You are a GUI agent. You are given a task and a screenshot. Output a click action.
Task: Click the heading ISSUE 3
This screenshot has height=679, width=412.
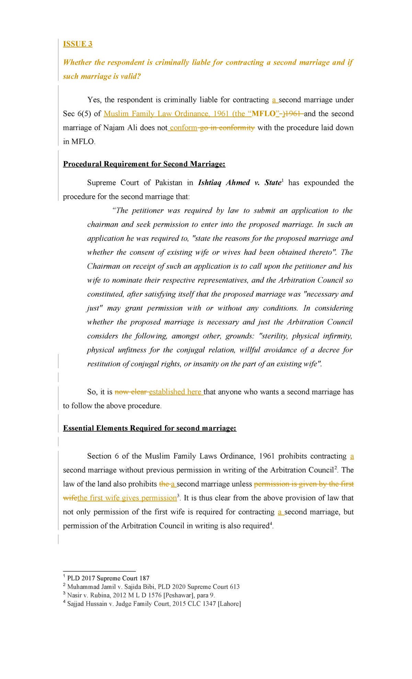pyautogui.click(x=78, y=44)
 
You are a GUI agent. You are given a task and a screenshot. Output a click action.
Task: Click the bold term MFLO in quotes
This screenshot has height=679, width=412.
pyautogui.click(x=264, y=114)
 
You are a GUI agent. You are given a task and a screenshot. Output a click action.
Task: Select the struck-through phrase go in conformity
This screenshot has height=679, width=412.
pyautogui.click(x=227, y=128)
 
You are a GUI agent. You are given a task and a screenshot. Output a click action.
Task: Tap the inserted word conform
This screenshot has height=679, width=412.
pyautogui.click(x=183, y=128)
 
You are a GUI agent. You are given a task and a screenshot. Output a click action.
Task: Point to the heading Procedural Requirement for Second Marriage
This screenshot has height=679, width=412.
pyautogui.click(x=144, y=164)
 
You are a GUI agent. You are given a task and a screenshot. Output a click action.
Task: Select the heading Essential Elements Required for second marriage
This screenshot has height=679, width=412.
pyautogui.click(x=150, y=428)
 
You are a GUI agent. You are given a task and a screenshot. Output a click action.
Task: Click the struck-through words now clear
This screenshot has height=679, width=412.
pyautogui.click(x=130, y=392)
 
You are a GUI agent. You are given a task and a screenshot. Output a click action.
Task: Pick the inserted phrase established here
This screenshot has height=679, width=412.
pyautogui.click(x=175, y=392)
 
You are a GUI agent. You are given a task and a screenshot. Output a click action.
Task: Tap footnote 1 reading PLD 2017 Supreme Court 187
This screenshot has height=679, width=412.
pyautogui.click(x=108, y=578)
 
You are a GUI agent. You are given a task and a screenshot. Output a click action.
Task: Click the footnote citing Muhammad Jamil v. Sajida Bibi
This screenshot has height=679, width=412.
pyautogui.click(x=153, y=587)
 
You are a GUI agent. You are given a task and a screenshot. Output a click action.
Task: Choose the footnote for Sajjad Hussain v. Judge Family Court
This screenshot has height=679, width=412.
pyautogui.click(x=154, y=604)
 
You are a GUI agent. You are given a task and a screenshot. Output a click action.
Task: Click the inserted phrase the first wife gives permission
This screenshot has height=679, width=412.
pyautogui.click(x=127, y=498)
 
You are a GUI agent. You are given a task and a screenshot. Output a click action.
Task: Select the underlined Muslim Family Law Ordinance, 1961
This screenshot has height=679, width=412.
pyautogui.click(x=166, y=114)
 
